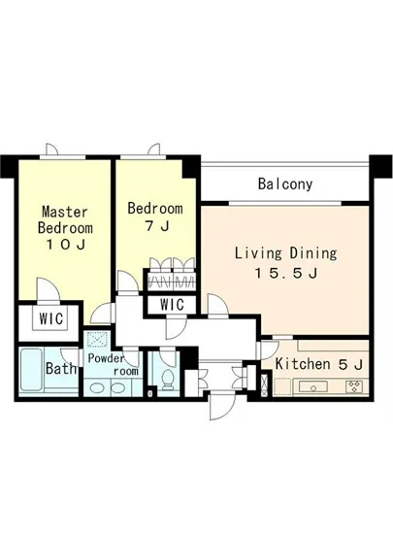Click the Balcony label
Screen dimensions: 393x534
pyautogui.click(x=285, y=184)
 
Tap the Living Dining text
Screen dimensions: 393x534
pyautogui.click(x=286, y=253)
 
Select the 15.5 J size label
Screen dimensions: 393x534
pyautogui.click(x=286, y=273)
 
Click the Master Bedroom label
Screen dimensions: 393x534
pyautogui.click(x=65, y=219)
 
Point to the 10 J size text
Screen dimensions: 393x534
pyautogui.click(x=65, y=245)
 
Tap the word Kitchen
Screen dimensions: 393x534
pyautogui.click(x=303, y=364)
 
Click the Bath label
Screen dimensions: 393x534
pyautogui.click(x=61, y=368)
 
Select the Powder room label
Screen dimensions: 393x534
pyautogui.click(x=113, y=364)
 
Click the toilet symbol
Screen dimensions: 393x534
pyautogui.click(x=168, y=380)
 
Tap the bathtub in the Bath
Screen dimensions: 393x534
pyautogui.click(x=31, y=371)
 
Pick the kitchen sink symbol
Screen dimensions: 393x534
pyautogui.click(x=313, y=387)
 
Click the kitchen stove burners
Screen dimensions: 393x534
pyautogui.click(x=354, y=386)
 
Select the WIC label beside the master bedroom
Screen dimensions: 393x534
pyautogui.click(x=51, y=318)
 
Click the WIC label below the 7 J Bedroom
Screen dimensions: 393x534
pyautogui.click(x=172, y=305)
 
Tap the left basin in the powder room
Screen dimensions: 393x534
pyautogui.click(x=96, y=388)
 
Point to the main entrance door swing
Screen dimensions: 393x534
pyautogui.click(x=221, y=406)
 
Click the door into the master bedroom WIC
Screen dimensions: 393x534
pyautogui.click(x=49, y=290)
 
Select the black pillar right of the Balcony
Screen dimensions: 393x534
pyautogui.click(x=380, y=166)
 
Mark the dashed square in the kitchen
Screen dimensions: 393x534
pyautogui.click(x=282, y=386)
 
